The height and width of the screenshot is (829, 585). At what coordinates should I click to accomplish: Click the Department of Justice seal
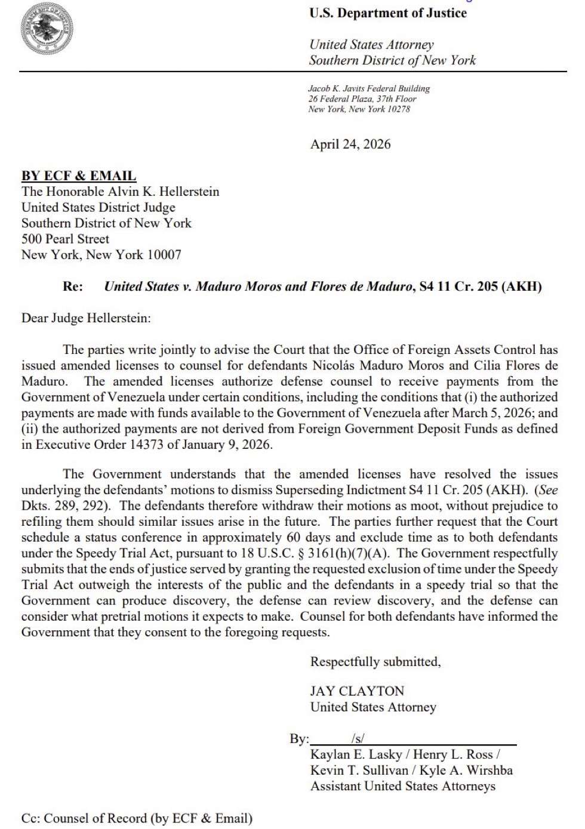(48, 29)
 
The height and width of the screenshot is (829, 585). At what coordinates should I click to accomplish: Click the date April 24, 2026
(350, 144)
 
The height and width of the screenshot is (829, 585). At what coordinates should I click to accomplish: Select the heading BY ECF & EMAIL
(79, 176)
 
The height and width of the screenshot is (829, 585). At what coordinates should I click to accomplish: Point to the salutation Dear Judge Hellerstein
(86, 318)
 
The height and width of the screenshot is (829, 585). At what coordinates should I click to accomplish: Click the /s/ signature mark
(358, 739)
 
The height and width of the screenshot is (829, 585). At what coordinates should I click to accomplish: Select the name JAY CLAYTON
(357, 691)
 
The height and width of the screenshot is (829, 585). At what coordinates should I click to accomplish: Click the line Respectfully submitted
(375, 662)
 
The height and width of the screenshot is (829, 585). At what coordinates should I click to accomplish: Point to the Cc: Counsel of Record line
(137, 818)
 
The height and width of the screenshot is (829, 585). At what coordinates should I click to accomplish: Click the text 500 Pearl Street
(66, 239)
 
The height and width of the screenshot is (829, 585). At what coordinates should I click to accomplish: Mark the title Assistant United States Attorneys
(403, 786)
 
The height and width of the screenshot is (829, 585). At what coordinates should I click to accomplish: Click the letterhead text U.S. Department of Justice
(388, 13)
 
